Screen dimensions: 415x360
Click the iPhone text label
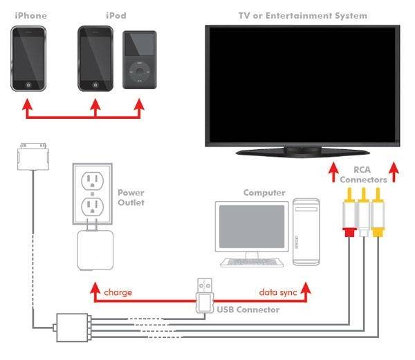31,16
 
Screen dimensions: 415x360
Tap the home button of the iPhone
28,85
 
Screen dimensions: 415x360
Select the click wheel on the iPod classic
140,71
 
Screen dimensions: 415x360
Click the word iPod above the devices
116,16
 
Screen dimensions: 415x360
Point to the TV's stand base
302,153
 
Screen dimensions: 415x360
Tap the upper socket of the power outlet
93,181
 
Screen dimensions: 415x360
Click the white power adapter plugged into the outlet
95,249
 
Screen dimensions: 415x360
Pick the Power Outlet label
131,198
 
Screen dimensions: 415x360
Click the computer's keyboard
252,263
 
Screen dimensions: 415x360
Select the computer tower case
306,231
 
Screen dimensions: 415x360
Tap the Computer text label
264,193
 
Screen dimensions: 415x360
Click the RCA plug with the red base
349,212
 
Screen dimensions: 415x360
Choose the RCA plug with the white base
364,212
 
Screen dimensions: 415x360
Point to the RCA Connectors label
363,174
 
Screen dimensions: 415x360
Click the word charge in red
118,292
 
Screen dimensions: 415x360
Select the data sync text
278,292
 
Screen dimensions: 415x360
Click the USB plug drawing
205,296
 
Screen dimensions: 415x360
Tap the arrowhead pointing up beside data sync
306,287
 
